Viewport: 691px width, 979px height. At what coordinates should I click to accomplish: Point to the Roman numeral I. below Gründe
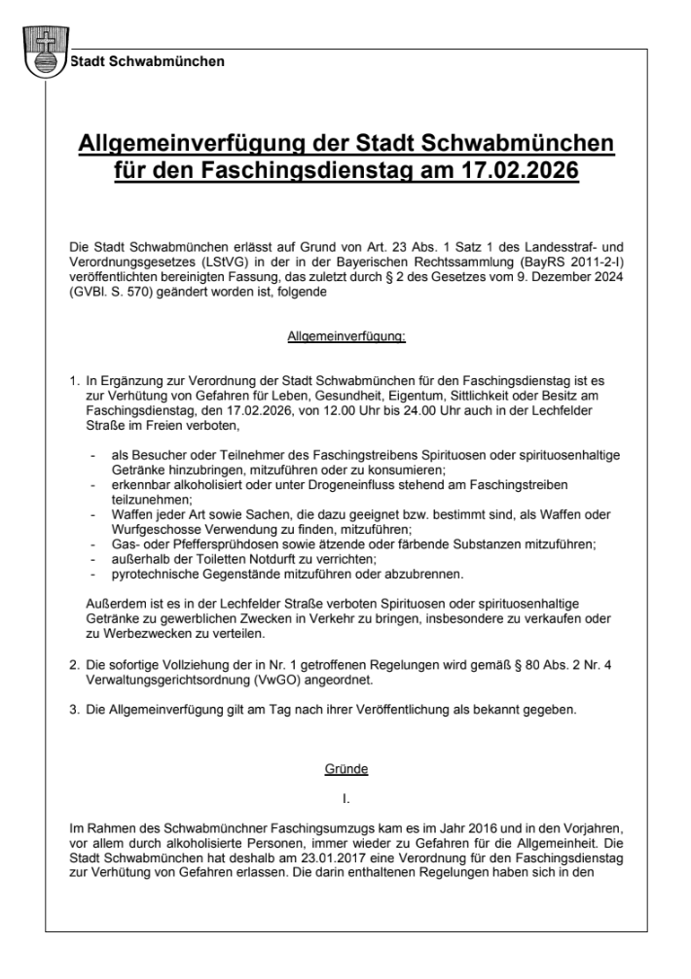point(345,800)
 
